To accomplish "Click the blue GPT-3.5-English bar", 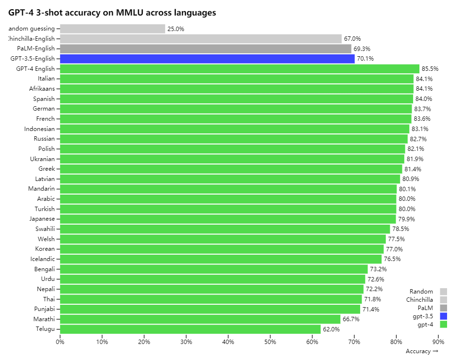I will pyautogui.click(x=207, y=59).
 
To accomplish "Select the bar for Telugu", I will pyautogui.click(x=190, y=329).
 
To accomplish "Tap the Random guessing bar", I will pyautogui.click(x=113, y=29).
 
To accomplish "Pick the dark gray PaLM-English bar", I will pyautogui.click(x=205, y=49).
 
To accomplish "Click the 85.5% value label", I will pyautogui.click(x=430, y=69).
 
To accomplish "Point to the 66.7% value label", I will pyautogui.click(x=351, y=319).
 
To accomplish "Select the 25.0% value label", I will pyautogui.click(x=176, y=29).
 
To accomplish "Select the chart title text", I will pyautogui.click(x=112, y=13).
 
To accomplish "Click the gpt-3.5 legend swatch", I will pyautogui.click(x=443, y=316).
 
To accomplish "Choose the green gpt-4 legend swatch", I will pyautogui.click(x=443, y=325).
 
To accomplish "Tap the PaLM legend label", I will pyautogui.click(x=425, y=308).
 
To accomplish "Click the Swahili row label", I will pyautogui.click(x=45, y=229).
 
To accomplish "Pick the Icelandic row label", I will pyautogui.click(x=42, y=259).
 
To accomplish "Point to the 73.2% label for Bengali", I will pyautogui.click(x=379, y=269).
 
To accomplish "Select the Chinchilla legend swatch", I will pyautogui.click(x=443, y=300).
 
